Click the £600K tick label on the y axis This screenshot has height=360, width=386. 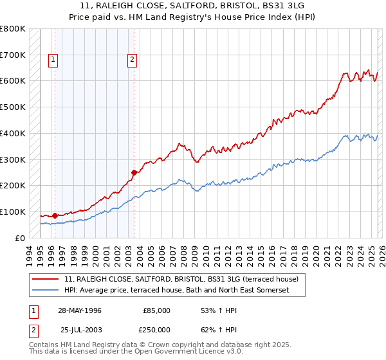(x=13, y=81)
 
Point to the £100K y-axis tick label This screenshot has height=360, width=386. (x=13, y=212)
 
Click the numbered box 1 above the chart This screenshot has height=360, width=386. (x=53, y=60)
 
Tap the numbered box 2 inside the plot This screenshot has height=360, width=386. (x=132, y=60)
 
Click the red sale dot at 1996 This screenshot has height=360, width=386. (x=55, y=215)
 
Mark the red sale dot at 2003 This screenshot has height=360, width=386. (x=134, y=172)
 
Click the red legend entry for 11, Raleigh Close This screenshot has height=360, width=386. (x=181, y=280)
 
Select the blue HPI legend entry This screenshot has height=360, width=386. (x=177, y=291)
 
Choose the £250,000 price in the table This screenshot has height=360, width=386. (x=156, y=330)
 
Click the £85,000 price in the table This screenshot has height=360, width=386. (x=156, y=310)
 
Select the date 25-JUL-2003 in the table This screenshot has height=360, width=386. (x=80, y=330)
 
